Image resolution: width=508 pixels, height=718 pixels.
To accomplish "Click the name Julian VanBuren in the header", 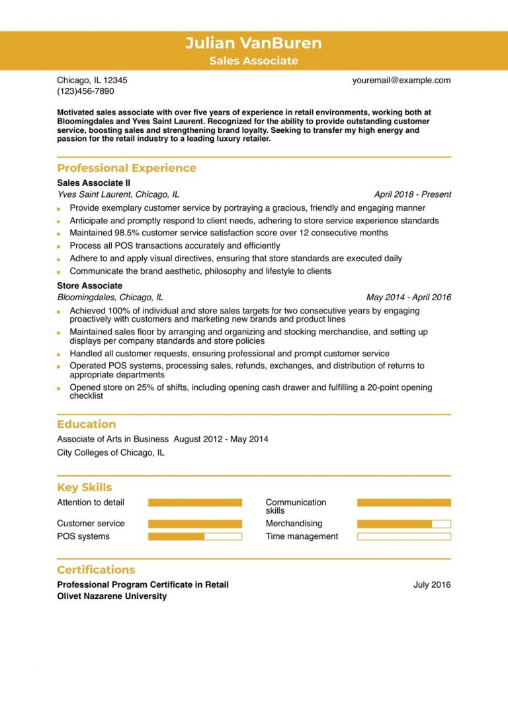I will [253, 44].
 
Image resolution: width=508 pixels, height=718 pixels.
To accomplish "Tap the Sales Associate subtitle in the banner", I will [253, 61].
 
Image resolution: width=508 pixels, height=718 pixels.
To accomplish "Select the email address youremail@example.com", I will [401, 80].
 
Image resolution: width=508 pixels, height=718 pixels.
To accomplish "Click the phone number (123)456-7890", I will [85, 91].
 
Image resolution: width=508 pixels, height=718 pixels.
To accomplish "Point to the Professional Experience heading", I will [126, 168].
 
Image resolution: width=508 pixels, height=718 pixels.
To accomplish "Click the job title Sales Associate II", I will [93, 182].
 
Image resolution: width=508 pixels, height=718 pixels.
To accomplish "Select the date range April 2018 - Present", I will [412, 194].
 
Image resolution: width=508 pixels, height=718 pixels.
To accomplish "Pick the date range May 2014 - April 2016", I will [408, 298].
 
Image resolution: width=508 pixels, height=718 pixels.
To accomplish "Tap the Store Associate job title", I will [89, 286].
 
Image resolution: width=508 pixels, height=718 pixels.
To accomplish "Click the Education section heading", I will [86, 424].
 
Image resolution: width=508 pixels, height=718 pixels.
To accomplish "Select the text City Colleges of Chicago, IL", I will [110, 453].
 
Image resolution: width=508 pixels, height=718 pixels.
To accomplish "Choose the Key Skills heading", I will [84, 488].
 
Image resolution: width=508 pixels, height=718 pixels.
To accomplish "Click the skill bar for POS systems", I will [194, 536].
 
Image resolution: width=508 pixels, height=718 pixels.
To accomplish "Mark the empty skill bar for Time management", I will [403, 536].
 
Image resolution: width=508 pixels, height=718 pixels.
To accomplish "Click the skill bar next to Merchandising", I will [403, 524].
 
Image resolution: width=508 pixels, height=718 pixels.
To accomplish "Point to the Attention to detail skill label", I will [90, 502].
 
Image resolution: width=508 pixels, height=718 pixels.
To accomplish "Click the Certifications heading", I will [96, 570].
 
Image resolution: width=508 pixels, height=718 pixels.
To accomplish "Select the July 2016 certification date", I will [431, 584].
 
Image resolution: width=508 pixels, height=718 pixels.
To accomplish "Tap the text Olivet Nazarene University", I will [111, 596].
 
